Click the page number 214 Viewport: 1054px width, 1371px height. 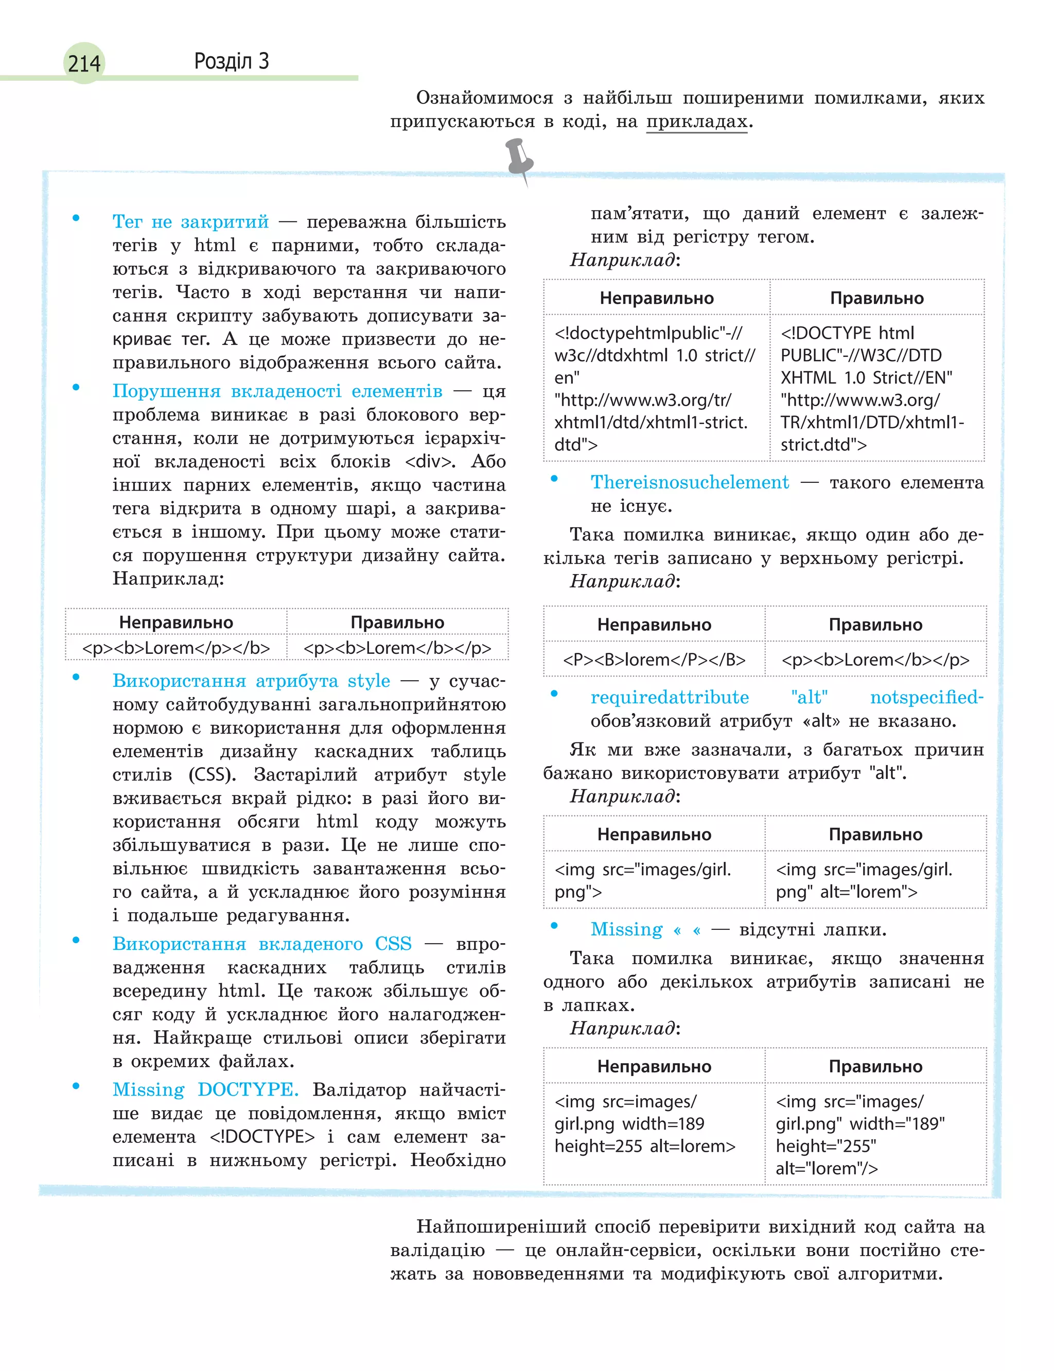point(84,63)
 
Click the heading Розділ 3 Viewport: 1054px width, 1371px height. point(231,61)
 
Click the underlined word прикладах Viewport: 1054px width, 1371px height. point(696,121)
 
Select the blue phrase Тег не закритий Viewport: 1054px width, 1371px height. point(190,221)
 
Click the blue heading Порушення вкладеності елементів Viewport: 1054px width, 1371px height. point(277,391)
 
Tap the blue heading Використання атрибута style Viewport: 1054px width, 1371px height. point(251,681)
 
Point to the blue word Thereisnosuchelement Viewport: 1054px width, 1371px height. point(690,482)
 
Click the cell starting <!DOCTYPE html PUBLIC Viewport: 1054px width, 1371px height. point(875,388)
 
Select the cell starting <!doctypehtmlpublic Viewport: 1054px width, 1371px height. point(656,388)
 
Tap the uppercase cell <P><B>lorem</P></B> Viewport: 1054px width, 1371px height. point(654,660)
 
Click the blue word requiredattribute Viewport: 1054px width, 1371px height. point(670,697)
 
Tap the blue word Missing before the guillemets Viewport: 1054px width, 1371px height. point(626,929)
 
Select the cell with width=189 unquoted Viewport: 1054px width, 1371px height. point(654,1124)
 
